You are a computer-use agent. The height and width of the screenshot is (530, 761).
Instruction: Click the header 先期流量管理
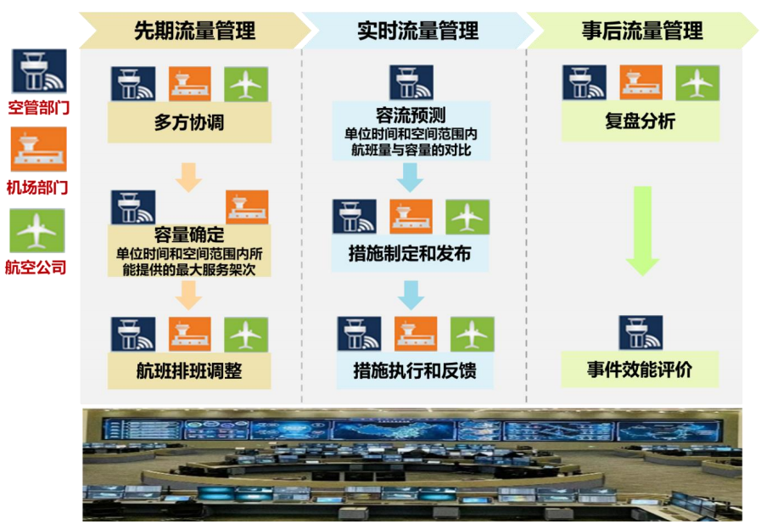pos(194,31)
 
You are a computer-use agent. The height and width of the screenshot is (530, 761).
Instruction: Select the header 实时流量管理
pos(418,31)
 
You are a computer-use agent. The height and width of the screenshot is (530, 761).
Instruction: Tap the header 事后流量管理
pos(642,31)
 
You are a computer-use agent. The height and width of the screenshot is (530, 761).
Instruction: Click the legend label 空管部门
pos(39,107)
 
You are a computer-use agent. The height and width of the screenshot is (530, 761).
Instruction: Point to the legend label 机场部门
pos(37,187)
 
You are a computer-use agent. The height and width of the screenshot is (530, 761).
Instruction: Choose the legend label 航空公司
pos(36,268)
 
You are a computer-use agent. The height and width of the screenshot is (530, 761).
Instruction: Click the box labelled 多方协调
pos(189,122)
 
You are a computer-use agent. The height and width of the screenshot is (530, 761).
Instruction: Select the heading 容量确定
pos(189,234)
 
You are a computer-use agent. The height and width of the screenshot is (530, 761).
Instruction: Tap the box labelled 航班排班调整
pos(189,370)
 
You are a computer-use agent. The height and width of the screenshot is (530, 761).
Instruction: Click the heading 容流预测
pos(411,116)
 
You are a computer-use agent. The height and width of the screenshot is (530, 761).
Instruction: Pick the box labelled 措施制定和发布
pos(410,253)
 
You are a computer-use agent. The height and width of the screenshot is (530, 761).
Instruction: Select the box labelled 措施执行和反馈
pos(415,370)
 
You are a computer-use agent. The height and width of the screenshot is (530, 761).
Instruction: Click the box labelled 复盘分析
pos(641,121)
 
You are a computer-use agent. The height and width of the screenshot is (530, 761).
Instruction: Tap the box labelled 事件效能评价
pos(640,369)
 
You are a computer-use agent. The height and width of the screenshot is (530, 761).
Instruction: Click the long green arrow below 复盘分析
pos(642,231)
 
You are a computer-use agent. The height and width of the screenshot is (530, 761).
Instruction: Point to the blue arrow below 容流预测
pos(410,178)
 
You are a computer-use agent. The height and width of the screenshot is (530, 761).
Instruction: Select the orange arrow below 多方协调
pos(189,178)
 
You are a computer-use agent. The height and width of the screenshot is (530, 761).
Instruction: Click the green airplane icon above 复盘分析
pos(697,82)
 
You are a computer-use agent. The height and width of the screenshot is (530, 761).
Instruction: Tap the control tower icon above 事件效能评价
pos(641,333)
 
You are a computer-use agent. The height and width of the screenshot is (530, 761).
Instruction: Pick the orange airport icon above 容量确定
pos(247,207)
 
